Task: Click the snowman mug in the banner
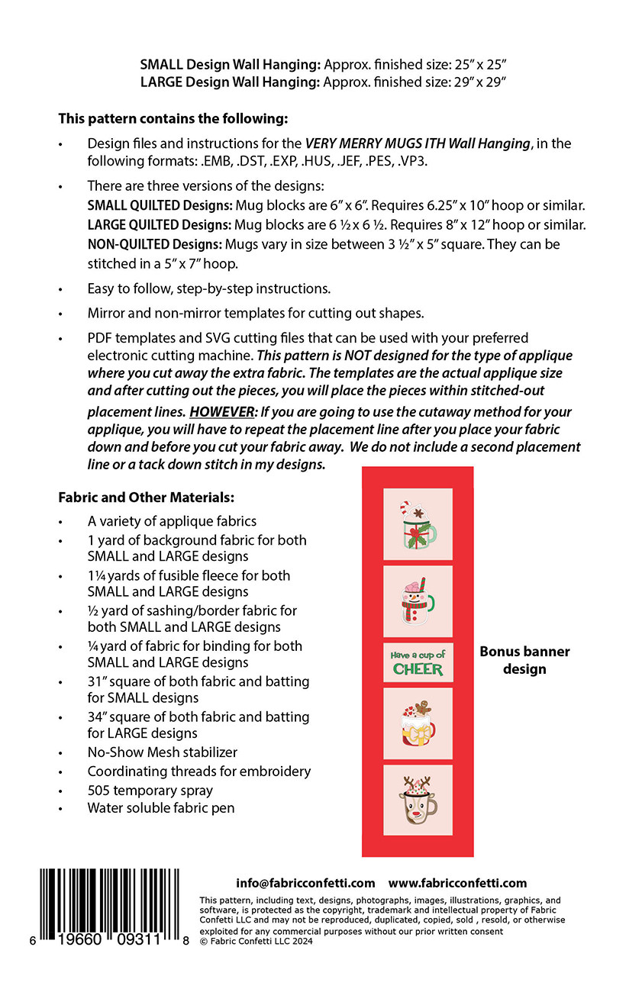tap(418, 600)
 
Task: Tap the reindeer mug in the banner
tap(418, 800)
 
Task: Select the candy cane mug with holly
tap(418, 523)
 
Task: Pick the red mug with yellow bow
tap(418, 723)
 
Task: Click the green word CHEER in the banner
tap(418, 669)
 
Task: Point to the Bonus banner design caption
tap(524, 660)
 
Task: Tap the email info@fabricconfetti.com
tap(305, 883)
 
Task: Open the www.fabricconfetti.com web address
tap(457, 883)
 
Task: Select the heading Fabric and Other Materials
tap(146, 498)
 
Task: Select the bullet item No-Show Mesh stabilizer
tap(162, 752)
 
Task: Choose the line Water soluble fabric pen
tap(161, 807)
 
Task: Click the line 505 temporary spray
tap(150, 790)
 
